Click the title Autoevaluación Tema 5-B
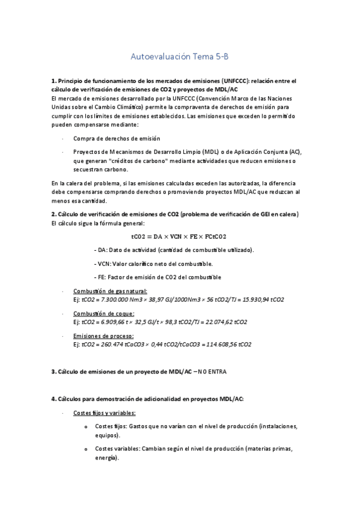pyautogui.click(x=180, y=57)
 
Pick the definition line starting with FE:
pyautogui.click(x=157, y=277)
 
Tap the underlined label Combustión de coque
pyautogui.click(x=103, y=314)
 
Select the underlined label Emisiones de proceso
pyautogui.click(x=103, y=336)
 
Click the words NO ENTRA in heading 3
pyautogui.click(x=212, y=372)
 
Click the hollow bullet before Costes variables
pyautogui.click(x=87, y=449)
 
